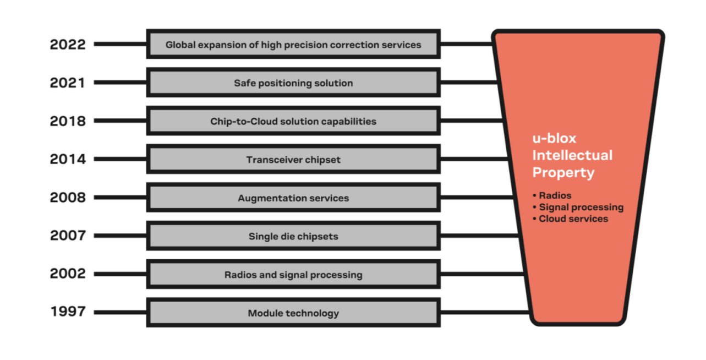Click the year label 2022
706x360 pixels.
point(68,45)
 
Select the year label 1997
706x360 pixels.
point(68,312)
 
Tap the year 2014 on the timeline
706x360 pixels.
point(68,160)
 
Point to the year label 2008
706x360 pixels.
point(68,198)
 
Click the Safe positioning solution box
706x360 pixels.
point(293,83)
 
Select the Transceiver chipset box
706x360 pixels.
point(293,160)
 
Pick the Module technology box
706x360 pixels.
point(293,313)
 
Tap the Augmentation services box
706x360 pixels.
point(293,198)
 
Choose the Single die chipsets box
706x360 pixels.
point(293,236)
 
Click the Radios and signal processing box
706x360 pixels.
point(293,274)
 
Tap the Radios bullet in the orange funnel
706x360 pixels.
point(554,195)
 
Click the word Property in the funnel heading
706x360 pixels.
point(563,172)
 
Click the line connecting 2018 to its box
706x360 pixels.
point(119,121)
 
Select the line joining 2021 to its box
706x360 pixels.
point(119,83)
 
